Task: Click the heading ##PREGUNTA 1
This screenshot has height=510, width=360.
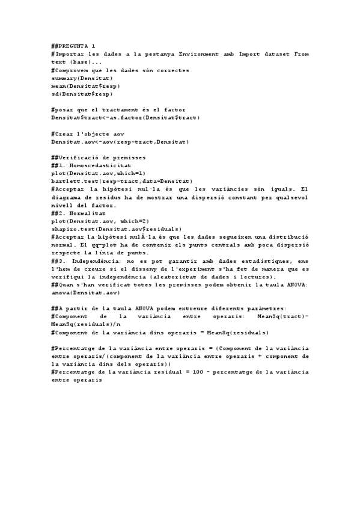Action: coord(73,46)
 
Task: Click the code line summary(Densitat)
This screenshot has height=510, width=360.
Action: coord(82,78)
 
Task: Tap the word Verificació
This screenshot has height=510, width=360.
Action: coord(80,157)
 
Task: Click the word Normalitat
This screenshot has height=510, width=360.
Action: coord(87,213)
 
